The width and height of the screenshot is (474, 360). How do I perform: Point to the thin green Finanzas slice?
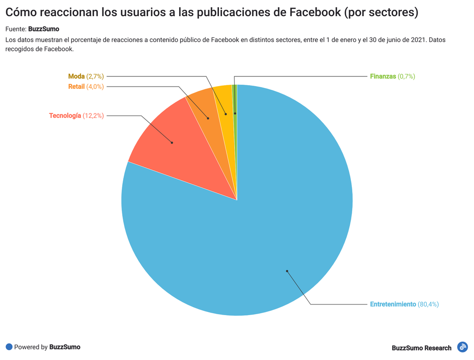[x=235, y=99]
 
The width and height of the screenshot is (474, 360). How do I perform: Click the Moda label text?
[x=76, y=76]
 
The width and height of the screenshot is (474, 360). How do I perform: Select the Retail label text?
[x=76, y=87]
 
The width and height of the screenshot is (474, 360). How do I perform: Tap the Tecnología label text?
[x=65, y=116]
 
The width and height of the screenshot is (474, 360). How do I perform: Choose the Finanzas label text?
[x=383, y=76]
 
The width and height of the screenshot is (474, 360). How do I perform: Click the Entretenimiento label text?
[x=393, y=304]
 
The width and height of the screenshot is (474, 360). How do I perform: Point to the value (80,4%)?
[x=428, y=304]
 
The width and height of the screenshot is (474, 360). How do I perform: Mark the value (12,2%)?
[x=93, y=116]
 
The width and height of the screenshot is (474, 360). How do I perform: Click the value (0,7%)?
[x=406, y=76]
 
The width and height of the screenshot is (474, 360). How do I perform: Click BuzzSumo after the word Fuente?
[x=44, y=29]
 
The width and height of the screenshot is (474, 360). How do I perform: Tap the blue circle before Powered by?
[x=9, y=347]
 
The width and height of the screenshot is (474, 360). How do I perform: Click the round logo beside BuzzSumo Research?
[x=462, y=347]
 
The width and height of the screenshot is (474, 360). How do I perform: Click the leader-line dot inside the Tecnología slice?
[x=172, y=143]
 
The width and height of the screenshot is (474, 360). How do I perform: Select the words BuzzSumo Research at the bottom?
[x=421, y=348]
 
